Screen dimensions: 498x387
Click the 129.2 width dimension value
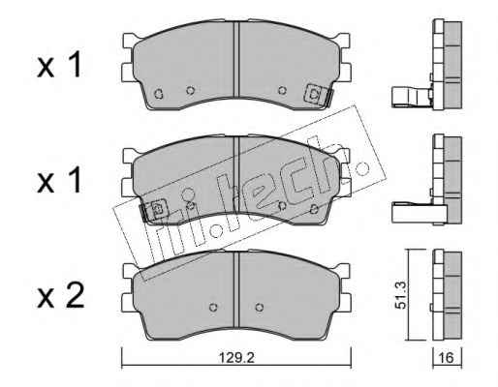(x=236, y=358)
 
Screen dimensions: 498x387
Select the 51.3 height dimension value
(x=400, y=295)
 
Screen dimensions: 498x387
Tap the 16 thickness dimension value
(x=447, y=358)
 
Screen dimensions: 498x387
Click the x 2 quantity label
(x=60, y=295)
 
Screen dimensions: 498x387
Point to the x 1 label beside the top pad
(x=59, y=66)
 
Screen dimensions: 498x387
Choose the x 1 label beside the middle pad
(x=59, y=181)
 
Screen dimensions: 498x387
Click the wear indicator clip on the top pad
(x=318, y=94)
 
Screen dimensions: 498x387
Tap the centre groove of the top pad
(x=237, y=60)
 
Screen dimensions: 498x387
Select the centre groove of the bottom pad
(x=237, y=289)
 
